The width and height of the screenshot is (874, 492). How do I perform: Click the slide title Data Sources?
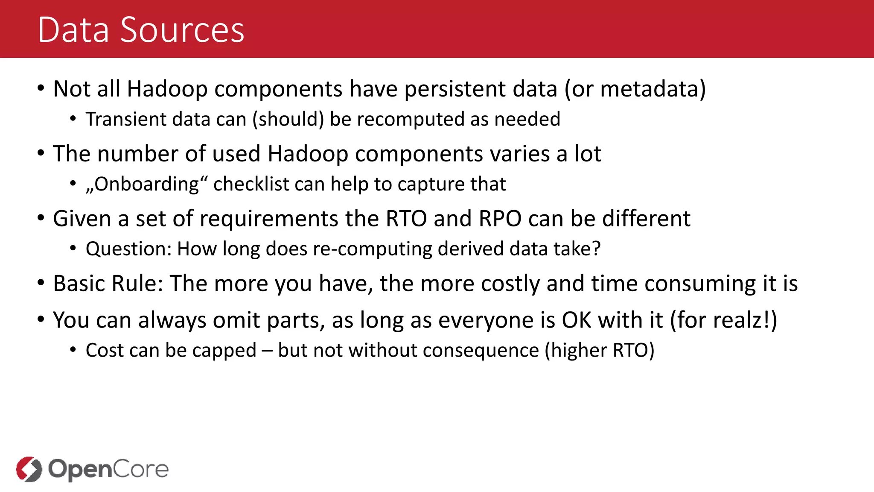(141, 30)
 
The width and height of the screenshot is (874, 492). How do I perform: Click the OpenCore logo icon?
(29, 469)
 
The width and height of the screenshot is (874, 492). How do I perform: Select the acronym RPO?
(500, 219)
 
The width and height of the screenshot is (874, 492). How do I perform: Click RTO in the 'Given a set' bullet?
(406, 219)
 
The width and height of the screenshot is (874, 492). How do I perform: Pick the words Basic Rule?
(108, 284)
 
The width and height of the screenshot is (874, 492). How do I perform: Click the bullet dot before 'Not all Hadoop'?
(41, 88)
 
